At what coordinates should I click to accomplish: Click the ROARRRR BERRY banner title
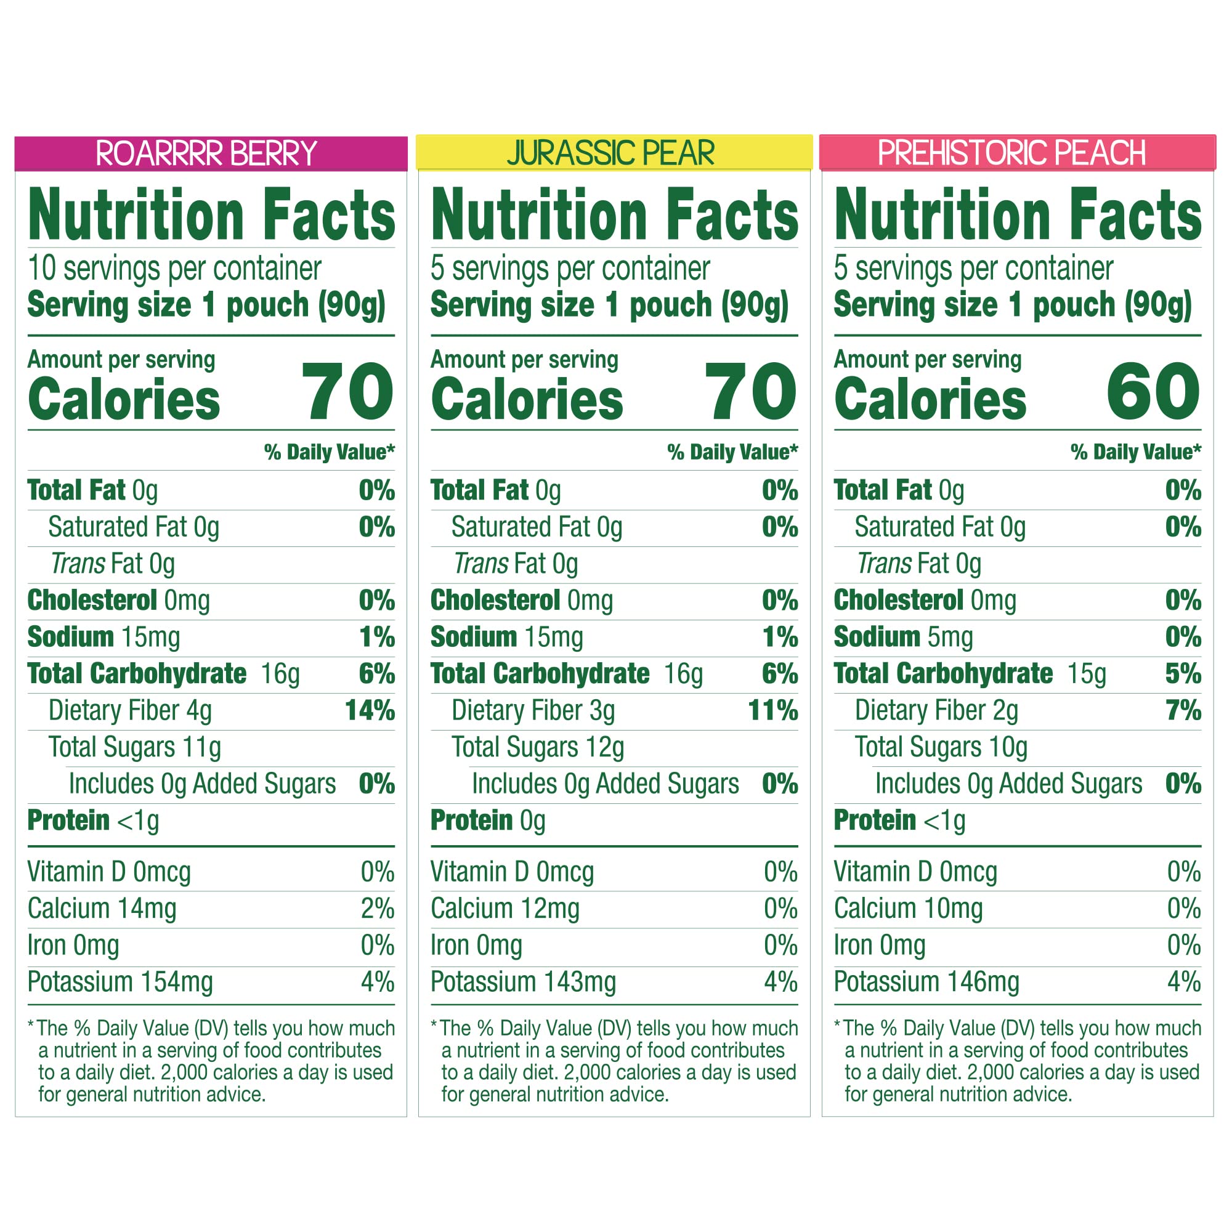coord(206,153)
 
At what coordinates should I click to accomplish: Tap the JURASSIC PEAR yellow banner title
coord(610,153)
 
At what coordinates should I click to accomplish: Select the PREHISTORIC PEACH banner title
coord(1011,153)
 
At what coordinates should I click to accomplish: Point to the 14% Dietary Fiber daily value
coord(369,710)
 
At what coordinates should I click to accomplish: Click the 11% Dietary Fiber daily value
coord(772,710)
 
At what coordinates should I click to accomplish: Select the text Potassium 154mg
coord(120,982)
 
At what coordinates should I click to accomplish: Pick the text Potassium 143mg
coord(523,982)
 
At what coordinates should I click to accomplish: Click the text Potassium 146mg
coord(926,982)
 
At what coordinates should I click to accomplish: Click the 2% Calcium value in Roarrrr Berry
coord(378,909)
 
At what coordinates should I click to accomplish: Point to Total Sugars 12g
coord(538,747)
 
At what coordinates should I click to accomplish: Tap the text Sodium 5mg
coord(903,637)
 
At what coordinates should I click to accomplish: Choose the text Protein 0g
coord(488,821)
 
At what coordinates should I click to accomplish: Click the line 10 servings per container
coord(174,269)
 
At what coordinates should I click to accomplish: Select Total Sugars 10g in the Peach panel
coord(941,747)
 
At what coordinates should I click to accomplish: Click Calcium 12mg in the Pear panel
coord(505,909)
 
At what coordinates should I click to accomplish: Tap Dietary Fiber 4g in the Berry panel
coord(130,710)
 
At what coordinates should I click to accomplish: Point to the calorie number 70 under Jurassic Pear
coord(750,391)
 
